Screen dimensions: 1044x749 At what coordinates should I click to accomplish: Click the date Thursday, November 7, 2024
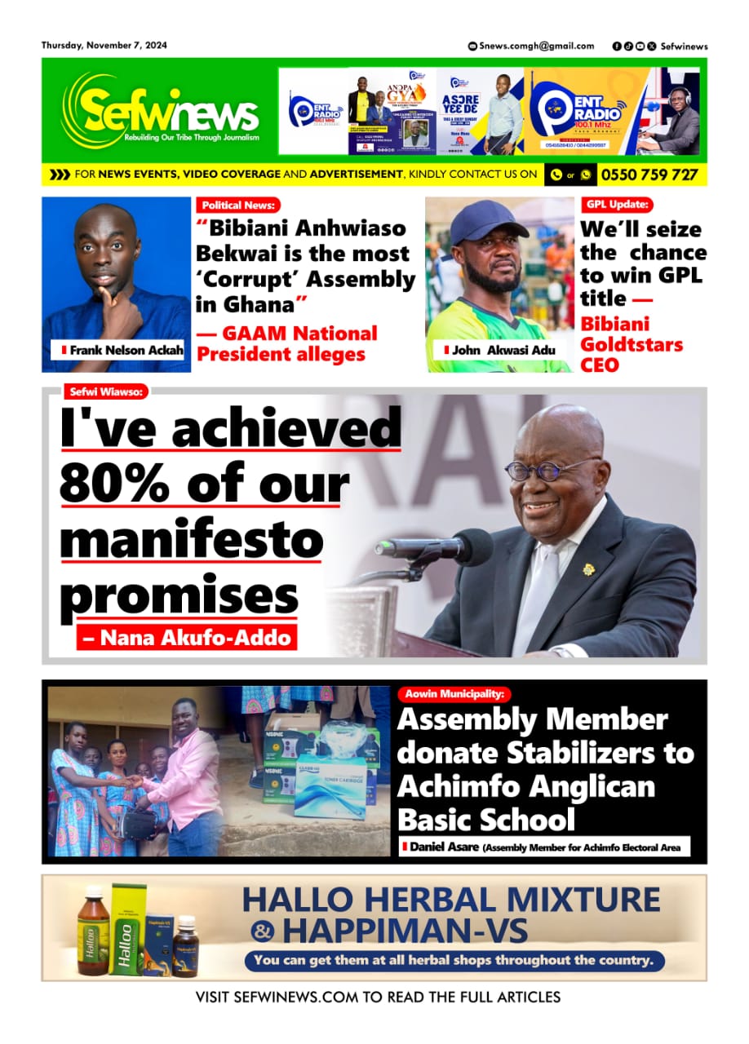pyautogui.click(x=104, y=46)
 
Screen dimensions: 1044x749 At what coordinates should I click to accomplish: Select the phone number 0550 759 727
pyautogui.click(x=649, y=175)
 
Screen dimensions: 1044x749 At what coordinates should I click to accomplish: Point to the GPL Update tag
pyautogui.click(x=617, y=205)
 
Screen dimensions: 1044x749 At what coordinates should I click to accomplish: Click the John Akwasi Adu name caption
pyautogui.click(x=494, y=350)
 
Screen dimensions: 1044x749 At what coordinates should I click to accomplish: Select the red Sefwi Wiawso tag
pyautogui.click(x=106, y=392)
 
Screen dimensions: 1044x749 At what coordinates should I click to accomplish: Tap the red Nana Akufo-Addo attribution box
pyautogui.click(x=186, y=637)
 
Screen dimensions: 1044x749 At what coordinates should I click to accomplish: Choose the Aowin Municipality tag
pyautogui.click(x=454, y=694)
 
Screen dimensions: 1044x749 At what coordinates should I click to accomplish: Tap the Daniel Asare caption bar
pyautogui.click(x=544, y=847)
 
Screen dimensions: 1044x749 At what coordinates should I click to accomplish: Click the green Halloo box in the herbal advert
pyautogui.click(x=128, y=930)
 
